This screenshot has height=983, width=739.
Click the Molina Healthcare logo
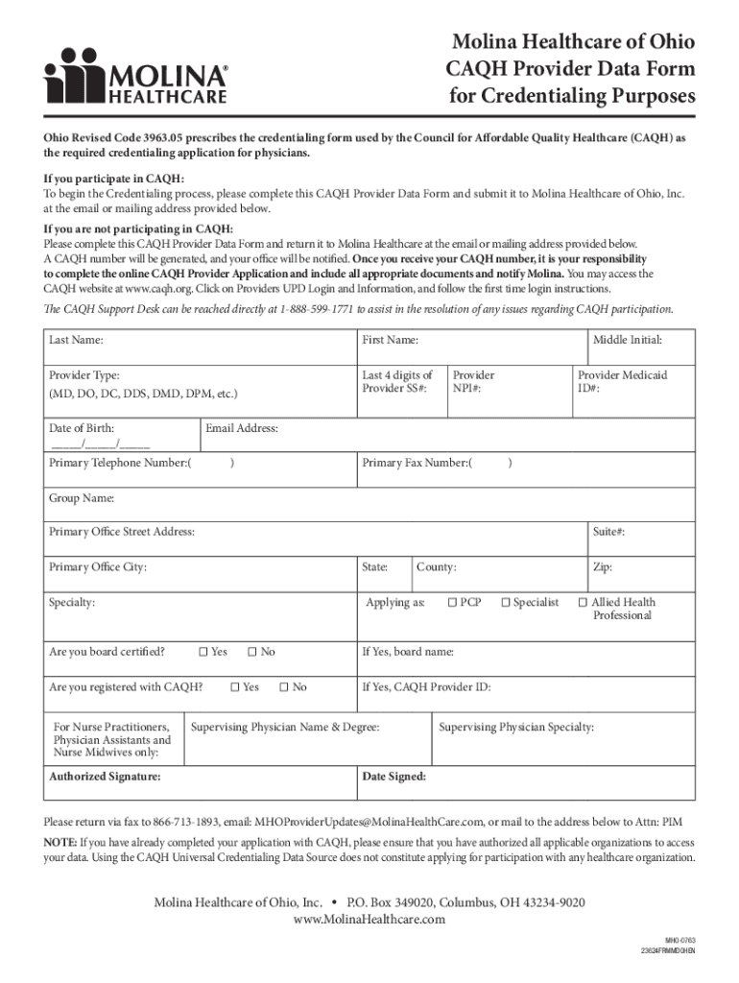[136, 76]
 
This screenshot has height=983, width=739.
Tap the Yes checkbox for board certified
[203, 653]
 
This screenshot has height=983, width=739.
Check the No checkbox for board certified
[252, 653]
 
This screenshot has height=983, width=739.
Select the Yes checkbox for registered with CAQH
[235, 687]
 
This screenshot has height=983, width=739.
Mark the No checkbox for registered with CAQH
[284, 687]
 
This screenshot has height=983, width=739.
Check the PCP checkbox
[452, 603]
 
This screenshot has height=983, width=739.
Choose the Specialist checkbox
[506, 603]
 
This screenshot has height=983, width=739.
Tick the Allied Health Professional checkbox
[582, 603]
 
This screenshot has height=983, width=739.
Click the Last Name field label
[77, 340]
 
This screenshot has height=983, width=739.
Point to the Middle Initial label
[627, 340]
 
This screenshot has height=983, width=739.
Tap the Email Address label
[242, 428]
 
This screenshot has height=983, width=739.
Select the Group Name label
[82, 498]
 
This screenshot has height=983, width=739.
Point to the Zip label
[603, 567]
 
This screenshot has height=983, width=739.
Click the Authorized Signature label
[105, 777]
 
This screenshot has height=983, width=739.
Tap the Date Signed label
[393, 777]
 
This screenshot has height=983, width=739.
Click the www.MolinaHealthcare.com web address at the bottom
[369, 920]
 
